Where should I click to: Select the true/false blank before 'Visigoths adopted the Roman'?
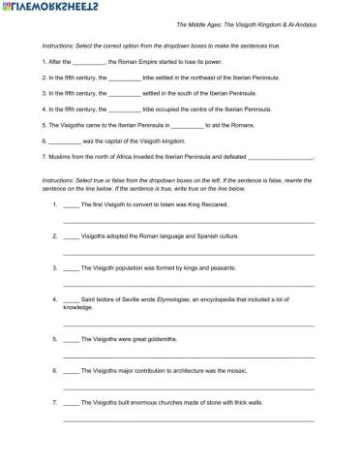71,235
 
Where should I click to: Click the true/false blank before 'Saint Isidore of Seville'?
71,300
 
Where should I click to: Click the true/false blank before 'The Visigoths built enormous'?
71,401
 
